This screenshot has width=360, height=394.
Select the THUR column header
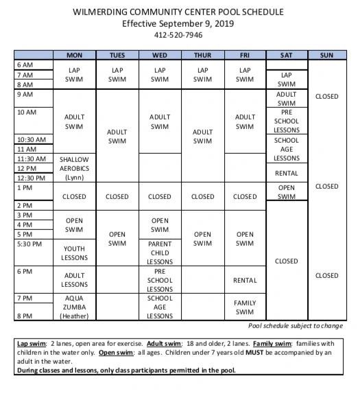[202, 55]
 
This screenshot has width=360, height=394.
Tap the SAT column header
[286, 55]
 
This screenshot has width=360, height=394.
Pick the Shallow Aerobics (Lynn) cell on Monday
[74, 167]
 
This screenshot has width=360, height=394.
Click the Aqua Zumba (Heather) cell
[74, 308]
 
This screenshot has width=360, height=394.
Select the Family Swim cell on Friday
[245, 308]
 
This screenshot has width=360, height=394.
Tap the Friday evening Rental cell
[245, 280]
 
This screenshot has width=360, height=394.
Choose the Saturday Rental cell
[286, 173]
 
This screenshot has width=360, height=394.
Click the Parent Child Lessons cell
[159, 253]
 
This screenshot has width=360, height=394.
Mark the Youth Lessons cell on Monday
[74, 253]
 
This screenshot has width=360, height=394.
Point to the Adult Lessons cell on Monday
[74, 280]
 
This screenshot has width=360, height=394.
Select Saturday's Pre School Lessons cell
[286, 121]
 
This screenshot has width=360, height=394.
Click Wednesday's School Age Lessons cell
[159, 308]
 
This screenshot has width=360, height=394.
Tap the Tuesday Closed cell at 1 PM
[117, 196]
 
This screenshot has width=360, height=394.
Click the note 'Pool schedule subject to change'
[296, 325]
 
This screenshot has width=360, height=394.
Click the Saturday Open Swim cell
[286, 192]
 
